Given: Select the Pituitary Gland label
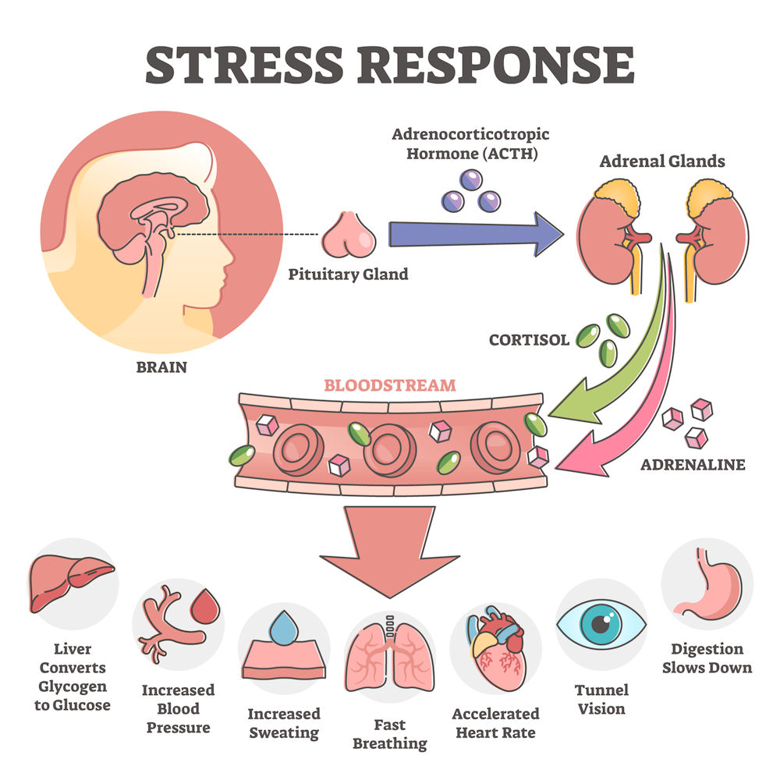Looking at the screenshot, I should coord(348,275).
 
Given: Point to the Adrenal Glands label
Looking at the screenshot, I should coord(662,162).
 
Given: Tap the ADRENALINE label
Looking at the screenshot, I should coord(693,464).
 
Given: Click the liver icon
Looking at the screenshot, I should coord(71,580).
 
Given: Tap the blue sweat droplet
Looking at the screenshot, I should coord(282,626).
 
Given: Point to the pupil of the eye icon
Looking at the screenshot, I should coord(601,624).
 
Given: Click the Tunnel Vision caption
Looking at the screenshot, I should coord(601,700).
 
